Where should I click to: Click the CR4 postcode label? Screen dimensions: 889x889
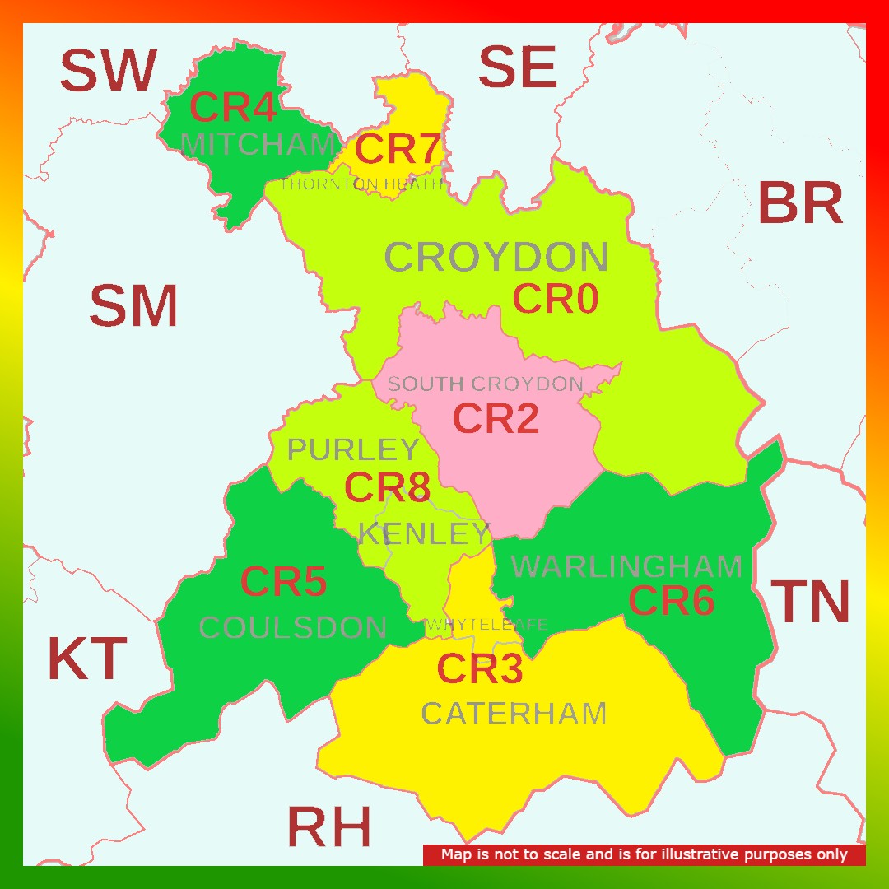[x=232, y=108]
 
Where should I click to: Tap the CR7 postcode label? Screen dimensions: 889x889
[x=398, y=149]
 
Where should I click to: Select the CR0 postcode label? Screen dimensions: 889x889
[x=555, y=299]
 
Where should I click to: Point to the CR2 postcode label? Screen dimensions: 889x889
[x=496, y=418]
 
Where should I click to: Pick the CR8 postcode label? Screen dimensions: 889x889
[x=387, y=487]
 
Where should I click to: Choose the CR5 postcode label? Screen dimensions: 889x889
[x=283, y=583]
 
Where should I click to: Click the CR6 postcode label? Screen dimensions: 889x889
[x=671, y=601]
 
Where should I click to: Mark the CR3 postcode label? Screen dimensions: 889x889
[x=479, y=669]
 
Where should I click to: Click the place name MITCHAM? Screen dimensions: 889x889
[x=258, y=146]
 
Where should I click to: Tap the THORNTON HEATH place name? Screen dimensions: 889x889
[x=361, y=184]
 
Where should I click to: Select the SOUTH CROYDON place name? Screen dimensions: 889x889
[x=485, y=384]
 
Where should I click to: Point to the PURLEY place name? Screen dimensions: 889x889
[x=353, y=450]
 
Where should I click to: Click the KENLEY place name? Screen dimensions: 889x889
[x=424, y=534]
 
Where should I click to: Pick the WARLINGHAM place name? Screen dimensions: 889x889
[x=626, y=566]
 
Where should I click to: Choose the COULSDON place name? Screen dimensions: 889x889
[x=293, y=628]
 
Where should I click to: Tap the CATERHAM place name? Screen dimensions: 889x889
[x=514, y=713]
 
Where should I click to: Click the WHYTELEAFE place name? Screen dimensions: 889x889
[x=486, y=626]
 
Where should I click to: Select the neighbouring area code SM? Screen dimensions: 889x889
[x=133, y=306]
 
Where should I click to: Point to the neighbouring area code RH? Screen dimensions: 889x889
[x=328, y=826]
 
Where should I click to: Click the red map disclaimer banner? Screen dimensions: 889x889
[x=644, y=854]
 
